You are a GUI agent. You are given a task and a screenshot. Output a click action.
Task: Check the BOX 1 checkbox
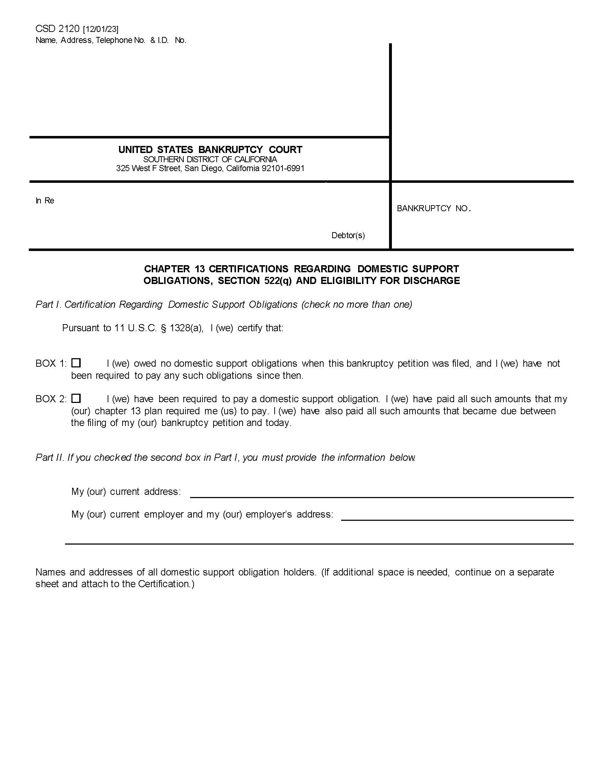[x=76, y=363]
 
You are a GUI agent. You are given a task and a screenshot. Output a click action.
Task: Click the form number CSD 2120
[x=57, y=29]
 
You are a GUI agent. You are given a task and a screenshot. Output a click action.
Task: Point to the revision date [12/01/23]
[x=101, y=29]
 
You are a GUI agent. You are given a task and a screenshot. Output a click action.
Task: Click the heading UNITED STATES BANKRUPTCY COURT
[x=210, y=149]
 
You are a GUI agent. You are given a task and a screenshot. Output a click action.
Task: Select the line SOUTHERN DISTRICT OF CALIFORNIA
[x=210, y=159]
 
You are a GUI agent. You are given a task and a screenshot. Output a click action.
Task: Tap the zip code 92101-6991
[x=283, y=168]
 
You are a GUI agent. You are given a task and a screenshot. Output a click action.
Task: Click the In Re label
[x=45, y=201]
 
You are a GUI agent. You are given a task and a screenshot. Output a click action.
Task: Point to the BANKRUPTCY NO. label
[x=433, y=208]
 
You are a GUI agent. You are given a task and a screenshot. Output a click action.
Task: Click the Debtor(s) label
[x=348, y=235]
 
